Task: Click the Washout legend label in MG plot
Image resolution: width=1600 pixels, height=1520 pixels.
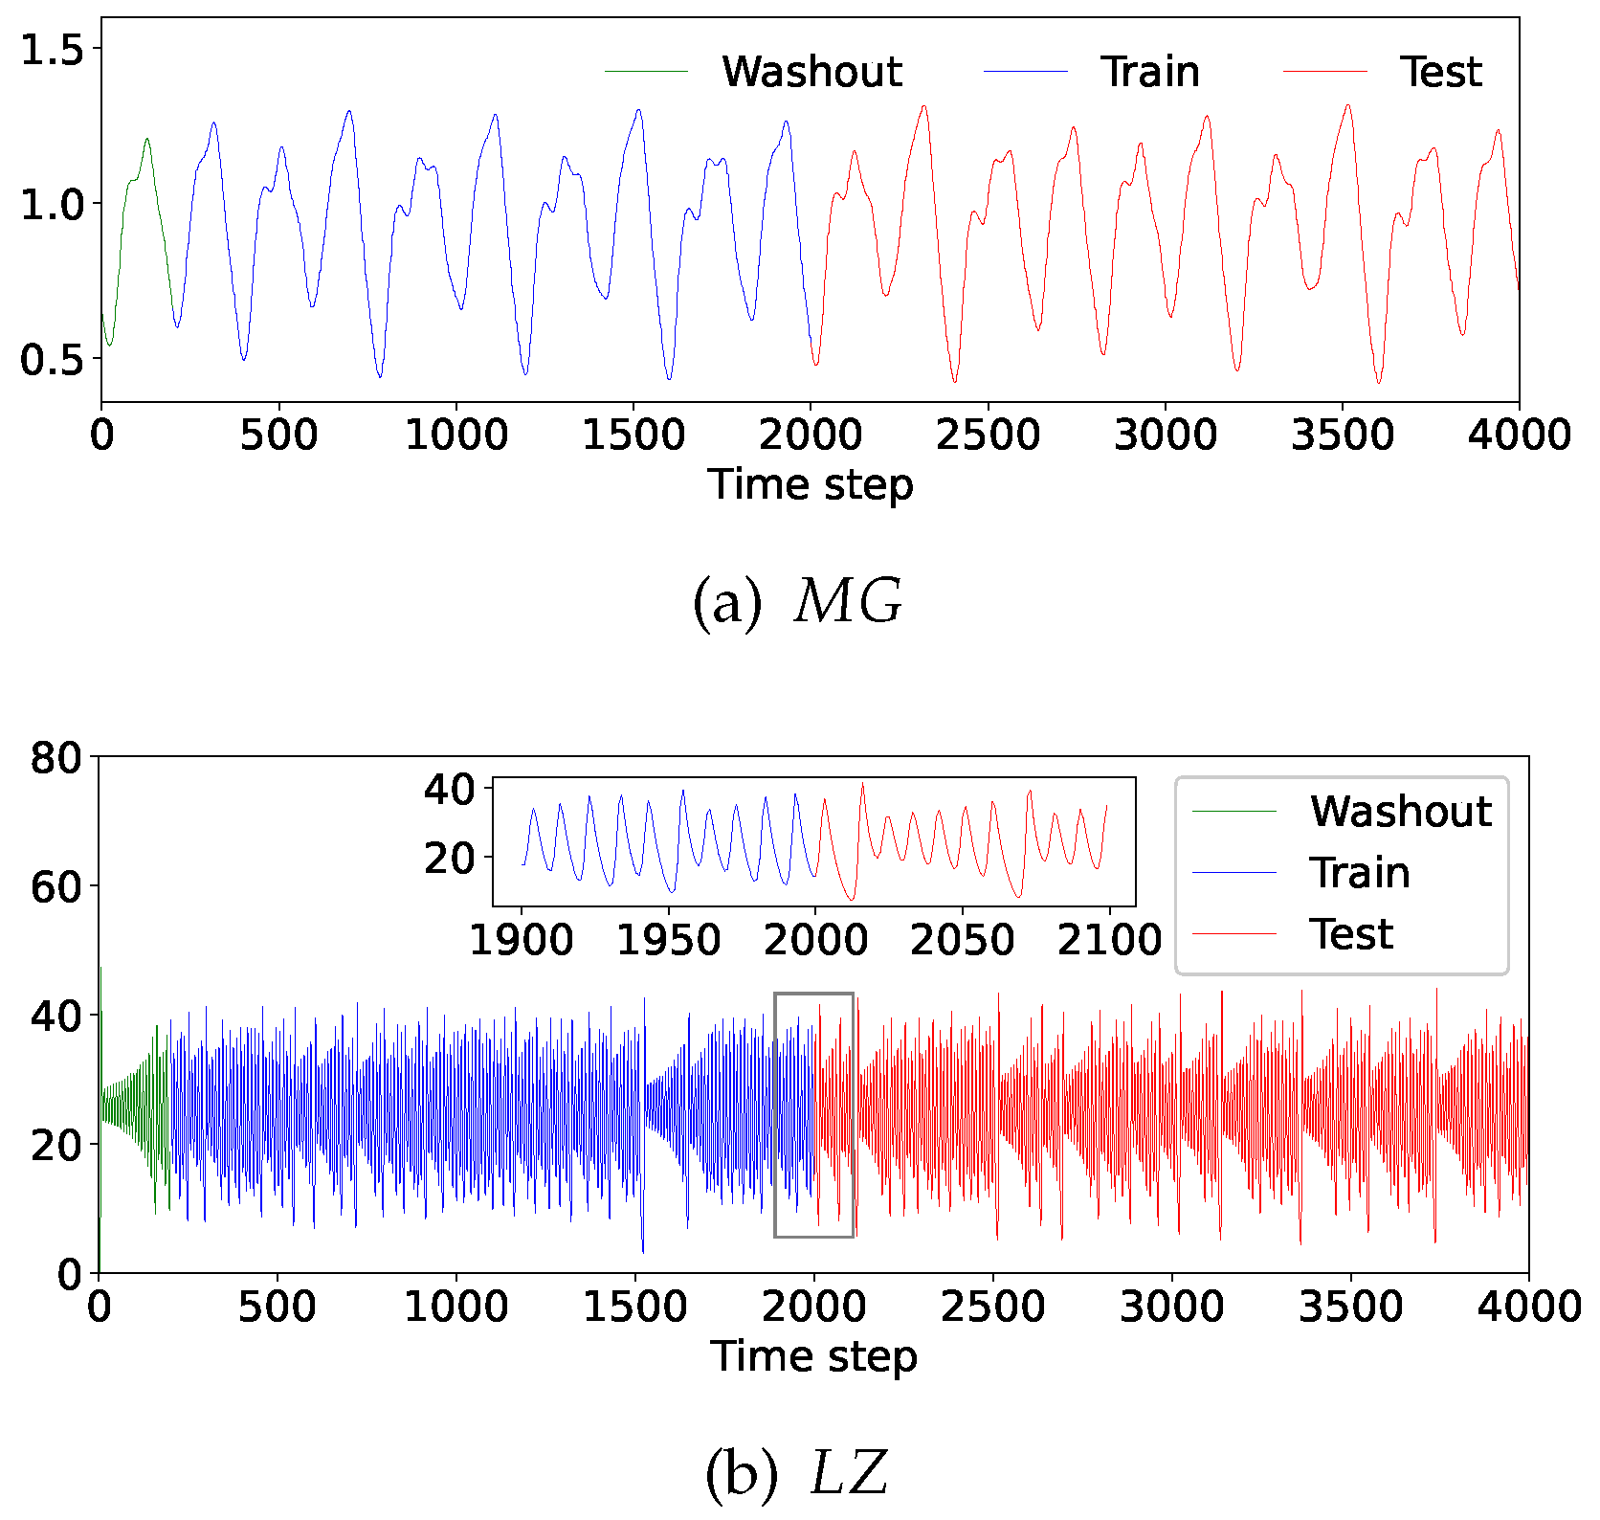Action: point(811,72)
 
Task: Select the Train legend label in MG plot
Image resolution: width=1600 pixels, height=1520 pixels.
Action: point(1149,72)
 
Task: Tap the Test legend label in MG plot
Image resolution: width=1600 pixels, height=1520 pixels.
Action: point(1440,72)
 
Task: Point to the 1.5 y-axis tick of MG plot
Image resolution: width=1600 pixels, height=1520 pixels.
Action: point(53,50)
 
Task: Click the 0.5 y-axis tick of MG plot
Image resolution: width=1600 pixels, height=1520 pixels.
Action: point(53,360)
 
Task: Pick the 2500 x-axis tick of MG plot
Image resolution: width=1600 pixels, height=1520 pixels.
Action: point(988,436)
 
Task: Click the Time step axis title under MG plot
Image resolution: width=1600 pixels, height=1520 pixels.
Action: point(811,484)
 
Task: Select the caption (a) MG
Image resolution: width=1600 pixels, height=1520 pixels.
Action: point(797,602)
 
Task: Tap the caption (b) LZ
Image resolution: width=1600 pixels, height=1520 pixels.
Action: point(797,1473)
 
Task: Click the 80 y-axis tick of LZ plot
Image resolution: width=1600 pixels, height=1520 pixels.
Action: point(56,758)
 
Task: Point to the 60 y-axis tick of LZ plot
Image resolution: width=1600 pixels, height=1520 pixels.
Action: point(56,887)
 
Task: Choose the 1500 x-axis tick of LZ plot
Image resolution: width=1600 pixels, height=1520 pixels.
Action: point(634,1307)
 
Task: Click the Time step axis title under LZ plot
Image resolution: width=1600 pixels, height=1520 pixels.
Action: point(813,1356)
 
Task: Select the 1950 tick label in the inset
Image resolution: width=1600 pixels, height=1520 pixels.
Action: point(668,941)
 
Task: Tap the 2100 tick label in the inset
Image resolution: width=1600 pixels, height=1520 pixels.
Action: point(1108,941)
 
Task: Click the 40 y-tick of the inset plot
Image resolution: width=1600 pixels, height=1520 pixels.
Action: point(449,790)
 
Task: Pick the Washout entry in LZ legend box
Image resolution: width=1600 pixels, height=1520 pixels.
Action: point(1400,811)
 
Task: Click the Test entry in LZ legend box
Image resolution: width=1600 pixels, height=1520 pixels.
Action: point(1350,934)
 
